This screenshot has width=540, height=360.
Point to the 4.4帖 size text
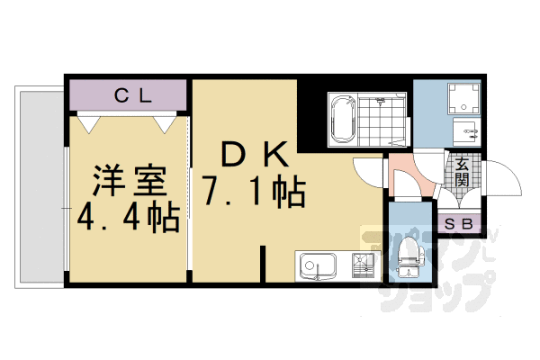coord(128,217)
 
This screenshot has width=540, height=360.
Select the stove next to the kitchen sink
coord(362,266)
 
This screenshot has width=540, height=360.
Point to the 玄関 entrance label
coord(462,172)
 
